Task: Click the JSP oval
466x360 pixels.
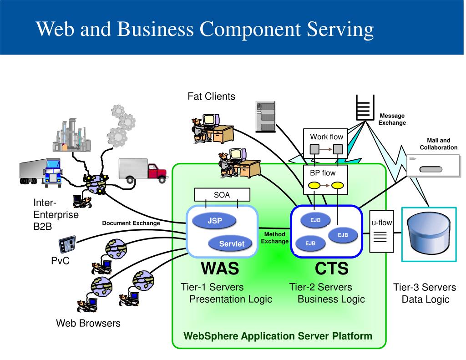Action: click(x=214, y=221)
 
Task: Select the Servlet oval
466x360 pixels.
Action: click(x=230, y=243)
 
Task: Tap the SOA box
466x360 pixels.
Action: click(x=222, y=195)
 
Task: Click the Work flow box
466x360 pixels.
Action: click(x=325, y=143)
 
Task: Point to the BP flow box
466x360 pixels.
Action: click(x=325, y=180)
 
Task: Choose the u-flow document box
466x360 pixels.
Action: click(x=382, y=232)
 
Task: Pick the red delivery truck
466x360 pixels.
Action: click(x=143, y=171)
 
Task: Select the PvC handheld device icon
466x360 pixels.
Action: click(x=67, y=245)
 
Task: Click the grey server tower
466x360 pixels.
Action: click(x=265, y=117)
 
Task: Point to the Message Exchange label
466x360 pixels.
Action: click(x=392, y=119)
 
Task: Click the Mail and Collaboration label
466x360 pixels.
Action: click(x=438, y=144)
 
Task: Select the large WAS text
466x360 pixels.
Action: click(x=220, y=268)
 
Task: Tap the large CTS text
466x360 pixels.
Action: click(x=331, y=268)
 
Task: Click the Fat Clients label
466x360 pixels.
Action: click(x=211, y=96)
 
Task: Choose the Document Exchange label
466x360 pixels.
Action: click(x=131, y=223)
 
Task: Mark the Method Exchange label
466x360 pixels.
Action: click(x=274, y=238)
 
